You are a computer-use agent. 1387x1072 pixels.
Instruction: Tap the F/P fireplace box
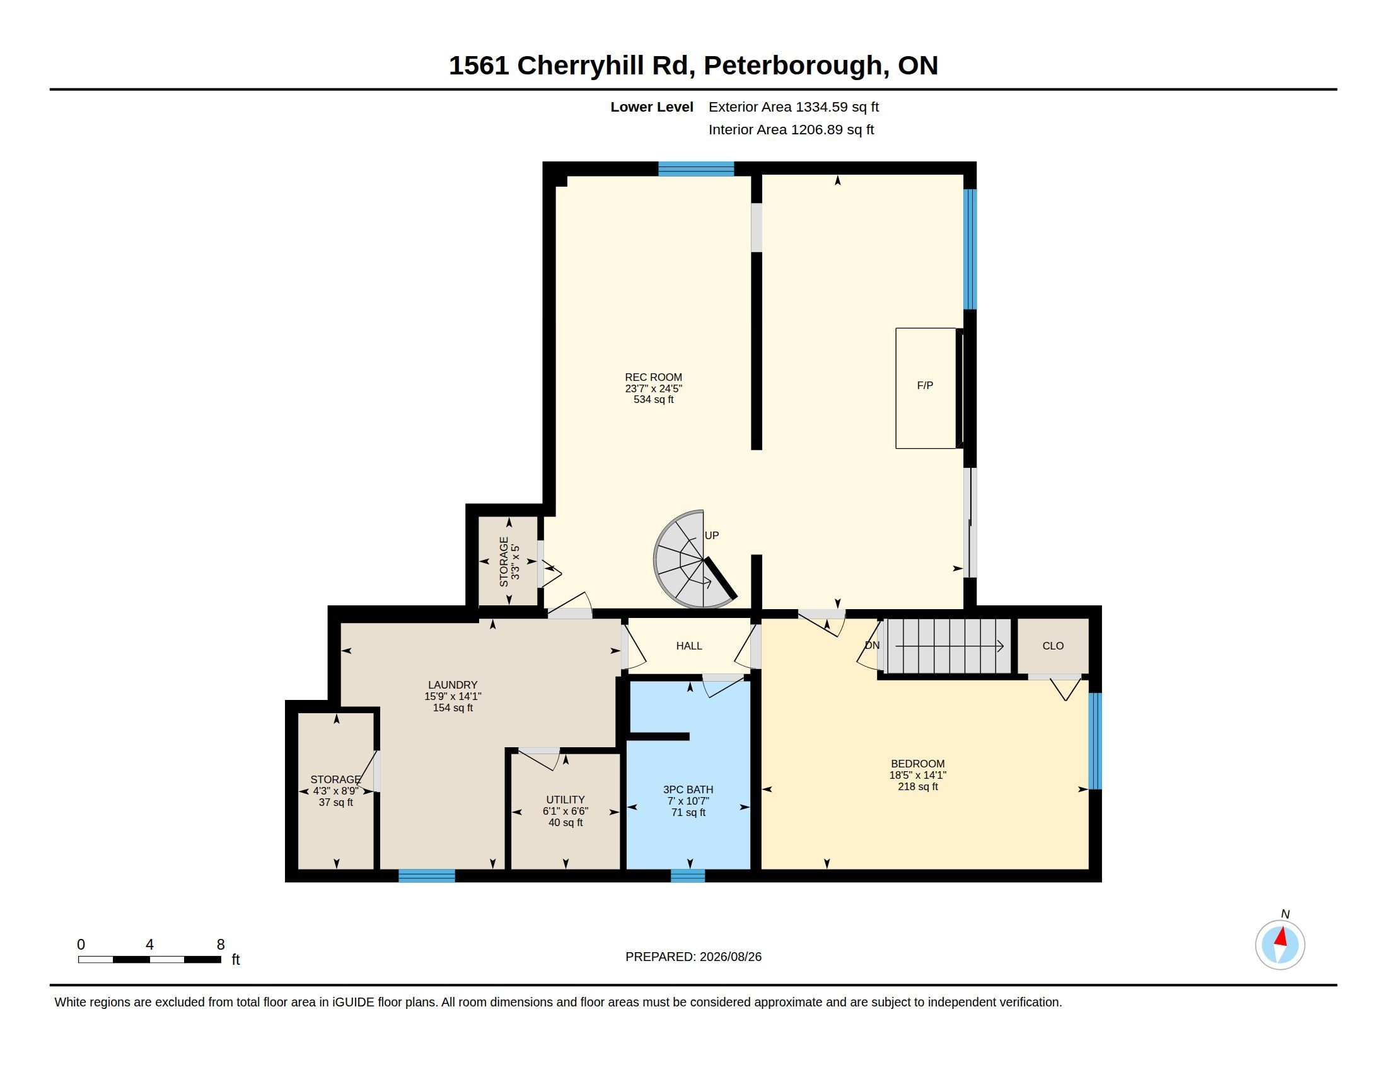[926, 388]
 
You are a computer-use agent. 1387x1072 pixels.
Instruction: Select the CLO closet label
[1053, 646]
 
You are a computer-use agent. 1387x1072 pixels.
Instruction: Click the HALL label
[689, 646]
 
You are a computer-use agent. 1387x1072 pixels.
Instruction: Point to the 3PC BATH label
[688, 789]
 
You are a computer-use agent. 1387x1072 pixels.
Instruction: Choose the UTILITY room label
[566, 800]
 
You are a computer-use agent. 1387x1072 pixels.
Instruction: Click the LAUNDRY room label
[453, 685]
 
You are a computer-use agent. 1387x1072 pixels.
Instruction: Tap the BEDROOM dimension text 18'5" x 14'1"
[918, 775]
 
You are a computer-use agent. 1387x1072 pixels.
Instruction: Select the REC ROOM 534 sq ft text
[654, 399]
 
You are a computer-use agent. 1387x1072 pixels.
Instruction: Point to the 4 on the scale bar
[149, 945]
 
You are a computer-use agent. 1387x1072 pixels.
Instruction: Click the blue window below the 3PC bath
[688, 876]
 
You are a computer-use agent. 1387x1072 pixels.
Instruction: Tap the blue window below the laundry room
[427, 876]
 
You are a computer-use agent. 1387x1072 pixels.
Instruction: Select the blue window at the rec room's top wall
[696, 169]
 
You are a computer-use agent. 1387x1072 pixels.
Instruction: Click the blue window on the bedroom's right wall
[1095, 741]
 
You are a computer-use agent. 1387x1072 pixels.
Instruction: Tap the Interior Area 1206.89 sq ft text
[791, 129]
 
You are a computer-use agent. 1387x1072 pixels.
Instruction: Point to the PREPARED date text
[693, 957]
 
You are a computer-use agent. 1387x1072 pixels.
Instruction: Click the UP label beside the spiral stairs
[712, 535]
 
